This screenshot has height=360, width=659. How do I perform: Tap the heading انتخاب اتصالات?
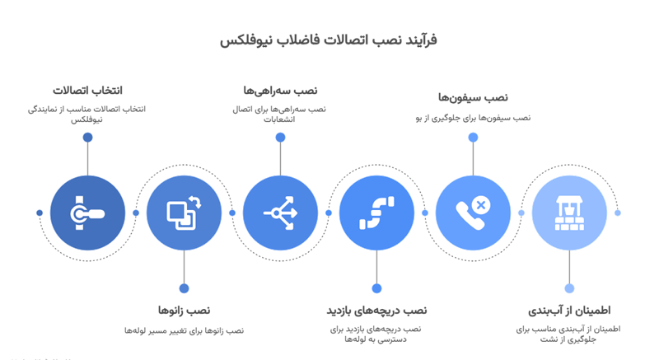87,91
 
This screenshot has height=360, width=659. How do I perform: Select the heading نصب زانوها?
185,311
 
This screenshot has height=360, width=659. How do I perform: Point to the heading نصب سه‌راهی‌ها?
280,90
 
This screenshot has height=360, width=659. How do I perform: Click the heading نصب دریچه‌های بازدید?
377,311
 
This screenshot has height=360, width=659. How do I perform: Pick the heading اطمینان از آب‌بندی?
569,311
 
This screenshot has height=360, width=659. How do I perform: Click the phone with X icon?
473,213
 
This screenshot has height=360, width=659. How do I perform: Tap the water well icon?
569,213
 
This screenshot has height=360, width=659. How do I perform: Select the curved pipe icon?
376,213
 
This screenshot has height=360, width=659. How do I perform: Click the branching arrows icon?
280,213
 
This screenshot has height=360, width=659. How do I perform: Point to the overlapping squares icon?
184,213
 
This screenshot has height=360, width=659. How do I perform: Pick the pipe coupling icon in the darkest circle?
87,213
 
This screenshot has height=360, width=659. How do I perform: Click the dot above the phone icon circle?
473,138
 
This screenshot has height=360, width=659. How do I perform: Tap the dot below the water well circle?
569,288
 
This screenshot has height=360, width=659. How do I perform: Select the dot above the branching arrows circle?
280,138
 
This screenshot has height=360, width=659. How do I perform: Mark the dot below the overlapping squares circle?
184,288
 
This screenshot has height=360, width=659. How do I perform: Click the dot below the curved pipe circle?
376,288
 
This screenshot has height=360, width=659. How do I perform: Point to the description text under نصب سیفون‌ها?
472,119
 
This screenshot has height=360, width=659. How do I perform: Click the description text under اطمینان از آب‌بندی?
569,334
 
